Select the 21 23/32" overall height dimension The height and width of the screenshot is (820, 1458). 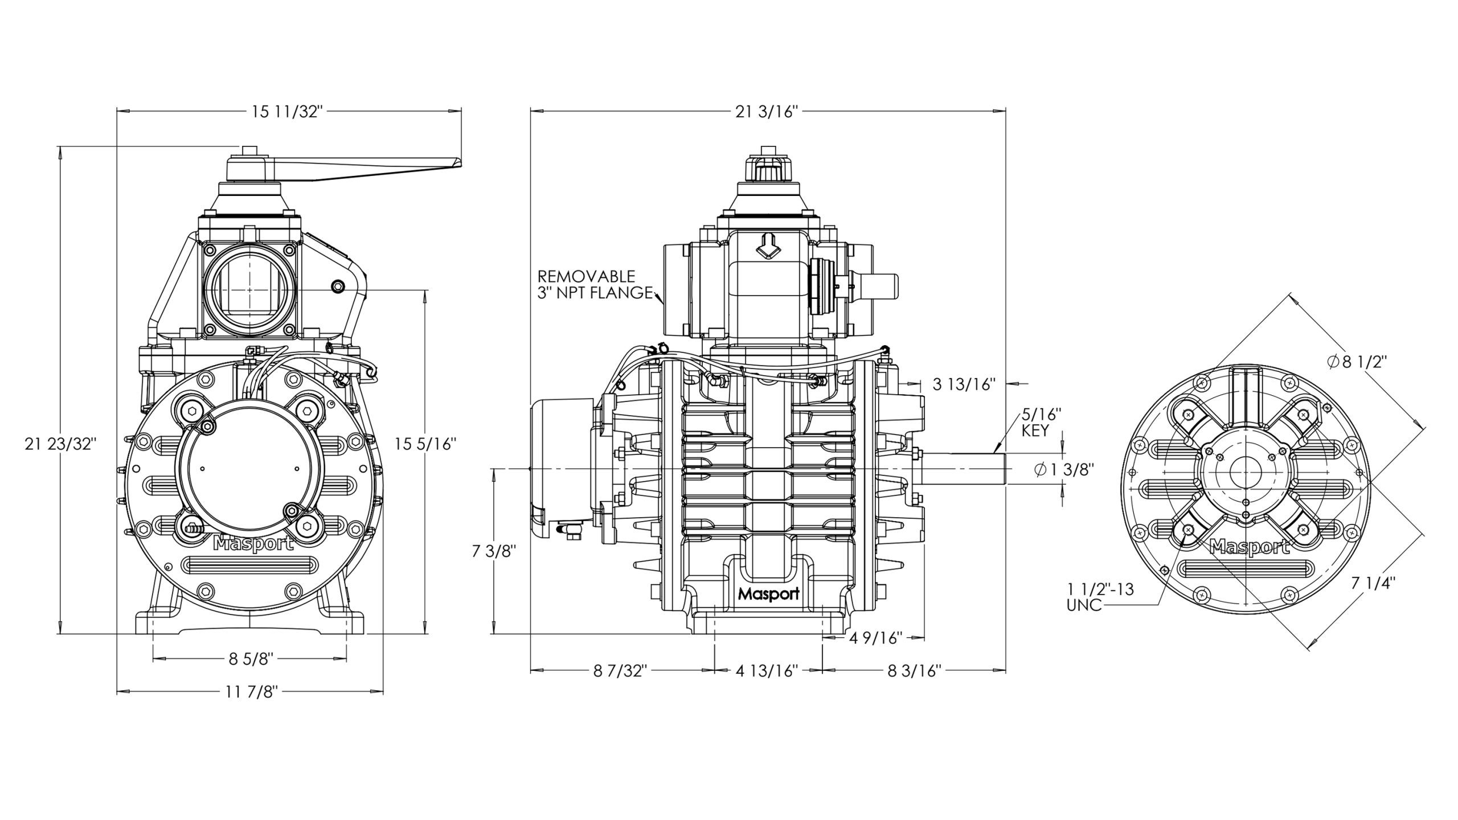coord(59,444)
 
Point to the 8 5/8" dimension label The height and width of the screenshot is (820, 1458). coord(251,659)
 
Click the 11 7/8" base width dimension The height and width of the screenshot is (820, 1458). coord(251,692)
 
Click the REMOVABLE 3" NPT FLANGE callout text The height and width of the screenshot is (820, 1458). coord(595,285)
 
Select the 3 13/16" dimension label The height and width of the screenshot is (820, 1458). coord(964,384)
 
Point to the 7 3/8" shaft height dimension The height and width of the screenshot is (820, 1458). coord(494,552)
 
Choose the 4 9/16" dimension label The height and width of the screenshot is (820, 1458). coord(875,638)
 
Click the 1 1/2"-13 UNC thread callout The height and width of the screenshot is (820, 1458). coord(1100,596)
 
